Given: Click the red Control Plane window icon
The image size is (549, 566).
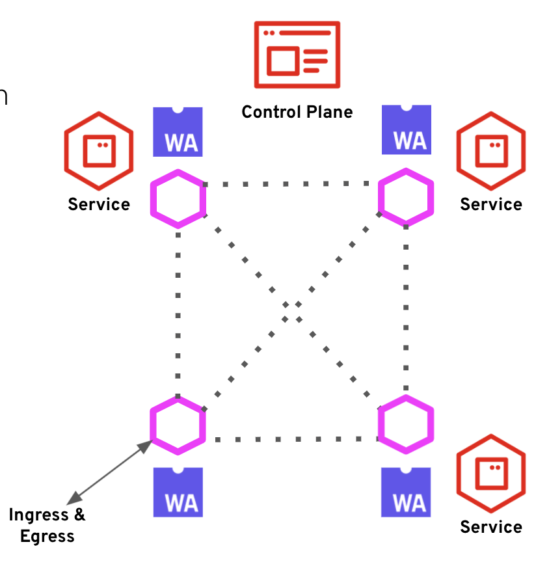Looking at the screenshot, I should (x=297, y=55).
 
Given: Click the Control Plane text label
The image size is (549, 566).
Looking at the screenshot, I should (x=297, y=112).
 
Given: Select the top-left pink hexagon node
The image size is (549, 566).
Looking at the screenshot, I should (x=178, y=198).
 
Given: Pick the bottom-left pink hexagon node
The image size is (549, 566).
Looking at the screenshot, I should (x=178, y=425).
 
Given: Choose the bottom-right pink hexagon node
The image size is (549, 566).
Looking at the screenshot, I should (x=407, y=424).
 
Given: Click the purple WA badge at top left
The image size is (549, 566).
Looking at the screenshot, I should (x=178, y=132).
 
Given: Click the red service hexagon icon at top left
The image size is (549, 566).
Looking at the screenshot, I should (x=99, y=150).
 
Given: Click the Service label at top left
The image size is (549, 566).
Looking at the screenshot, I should (x=99, y=204).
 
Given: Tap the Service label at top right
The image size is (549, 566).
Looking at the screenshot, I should (x=491, y=204).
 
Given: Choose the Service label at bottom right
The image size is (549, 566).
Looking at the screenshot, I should (x=491, y=527).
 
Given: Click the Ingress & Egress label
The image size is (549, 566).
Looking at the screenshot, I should (x=47, y=526).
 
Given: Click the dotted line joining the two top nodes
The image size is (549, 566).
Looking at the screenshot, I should (x=292, y=184).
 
